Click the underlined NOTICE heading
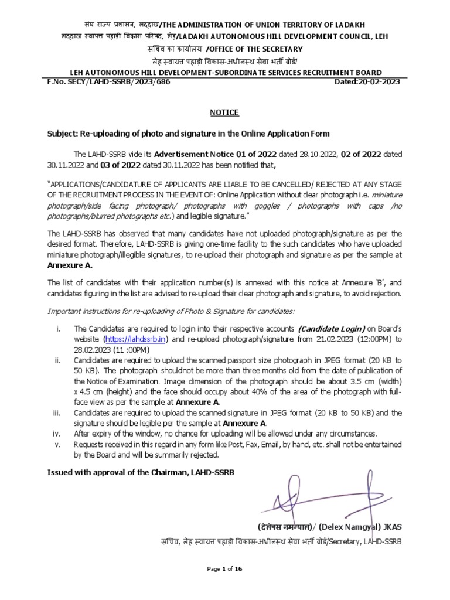[x=225, y=112]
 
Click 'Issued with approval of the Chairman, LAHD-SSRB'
[x=141, y=472]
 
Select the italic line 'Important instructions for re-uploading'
[x=172, y=311]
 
